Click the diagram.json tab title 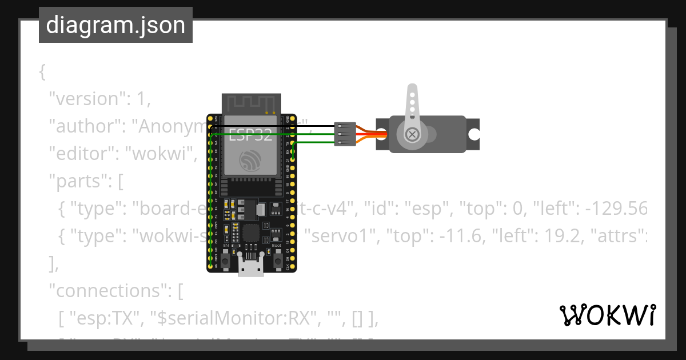115,25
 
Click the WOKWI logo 607,315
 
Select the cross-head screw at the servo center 412,135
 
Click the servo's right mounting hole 474,134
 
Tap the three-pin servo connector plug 345,134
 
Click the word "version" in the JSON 86,99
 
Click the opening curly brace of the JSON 42,72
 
